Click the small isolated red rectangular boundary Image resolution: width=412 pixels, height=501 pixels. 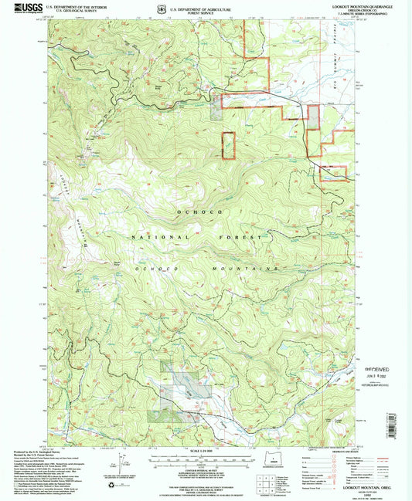(x=229, y=145)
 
